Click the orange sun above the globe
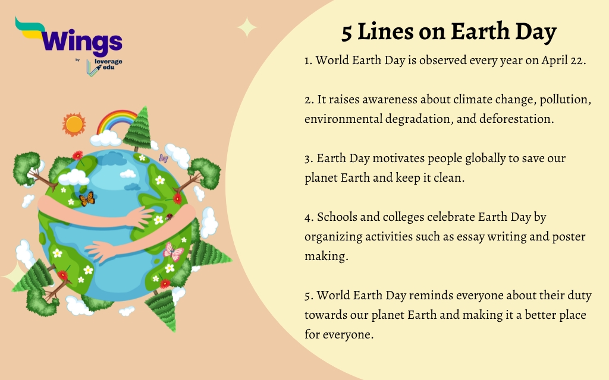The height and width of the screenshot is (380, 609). tap(74, 123)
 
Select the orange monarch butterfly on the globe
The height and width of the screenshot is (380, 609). tap(87, 199)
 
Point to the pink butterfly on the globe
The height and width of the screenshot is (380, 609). tap(172, 252)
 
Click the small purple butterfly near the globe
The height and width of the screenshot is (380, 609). tap(164, 159)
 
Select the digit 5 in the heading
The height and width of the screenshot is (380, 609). tap(347, 33)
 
